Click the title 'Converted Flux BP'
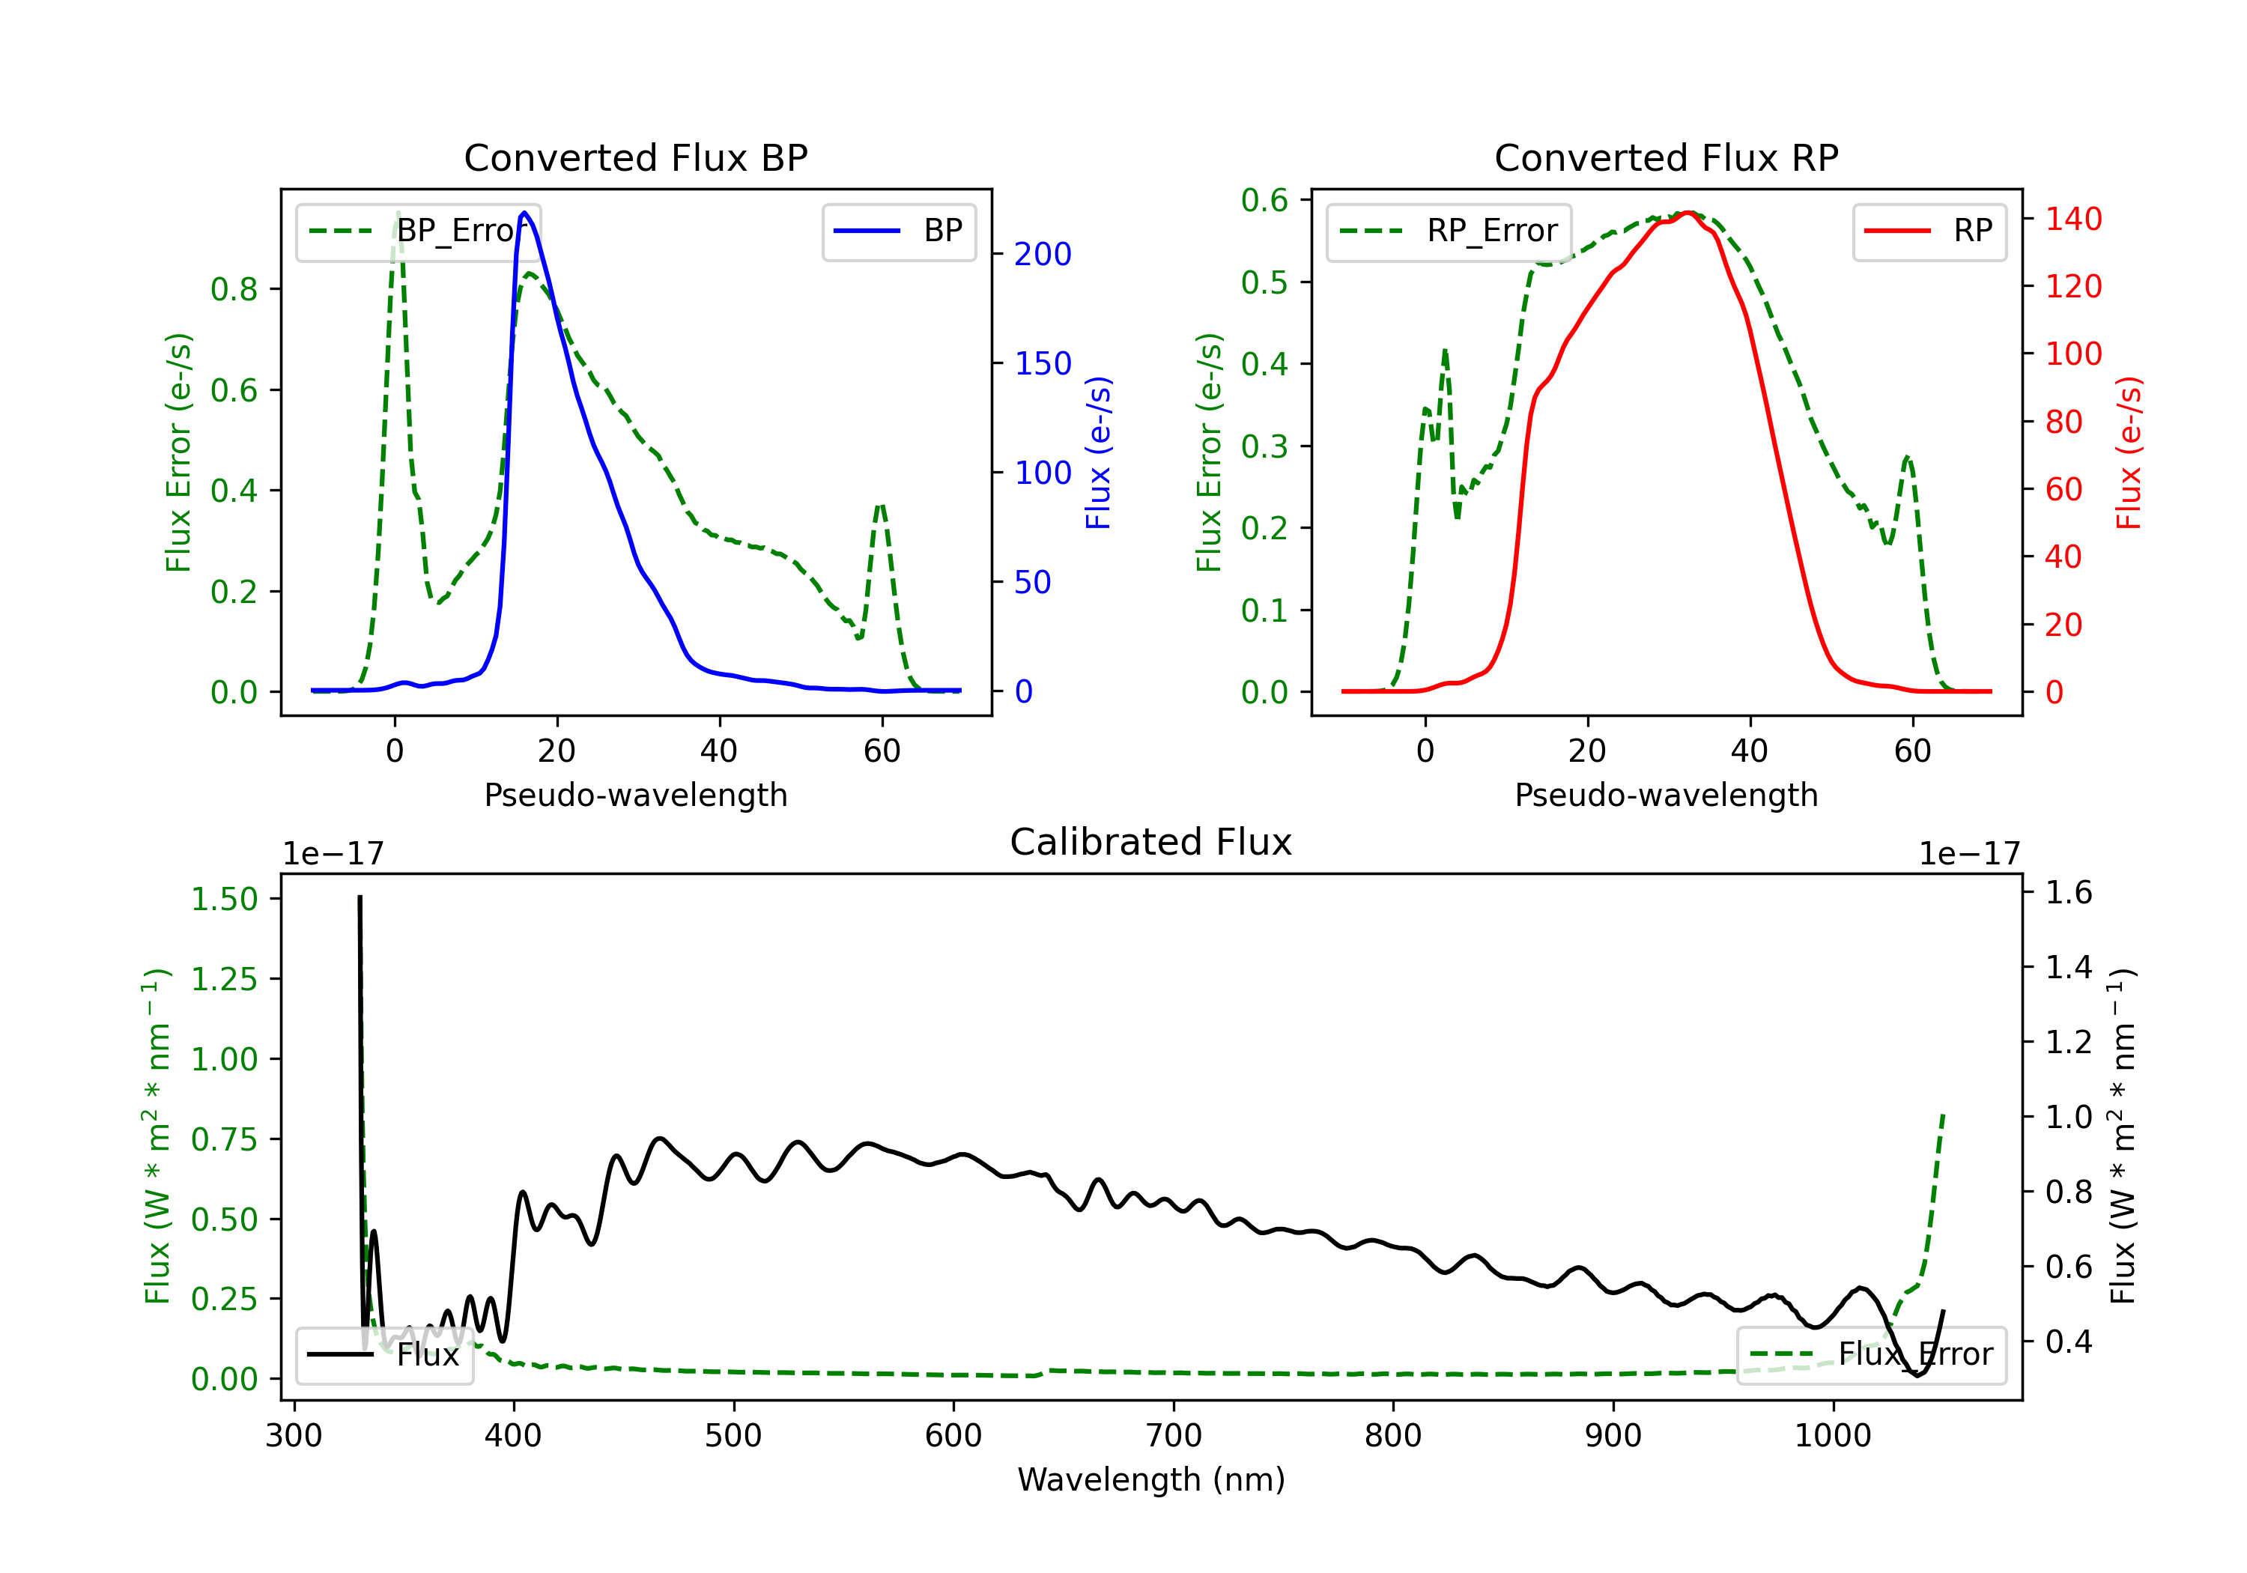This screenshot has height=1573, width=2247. [635, 157]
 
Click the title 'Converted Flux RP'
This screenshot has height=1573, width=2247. [1666, 157]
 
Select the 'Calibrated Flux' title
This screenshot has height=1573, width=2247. [1151, 842]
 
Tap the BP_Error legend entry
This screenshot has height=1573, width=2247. [419, 231]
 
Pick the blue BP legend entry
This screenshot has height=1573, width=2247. [898, 231]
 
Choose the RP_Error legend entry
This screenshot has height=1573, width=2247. [1449, 231]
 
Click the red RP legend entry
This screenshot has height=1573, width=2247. [1929, 231]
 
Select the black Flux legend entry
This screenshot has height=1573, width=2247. [383, 1355]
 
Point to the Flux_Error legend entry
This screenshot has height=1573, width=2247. [1871, 1355]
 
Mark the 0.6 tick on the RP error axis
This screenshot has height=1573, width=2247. [1264, 201]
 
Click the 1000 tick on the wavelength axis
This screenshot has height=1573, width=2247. [1832, 1436]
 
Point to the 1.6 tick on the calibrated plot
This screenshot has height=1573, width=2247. [2069, 893]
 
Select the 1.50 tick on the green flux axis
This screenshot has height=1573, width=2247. [224, 899]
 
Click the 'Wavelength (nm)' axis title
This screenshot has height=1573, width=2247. [1151, 1480]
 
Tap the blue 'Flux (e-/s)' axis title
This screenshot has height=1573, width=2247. [1098, 453]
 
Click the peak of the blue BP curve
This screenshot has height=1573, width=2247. [524, 213]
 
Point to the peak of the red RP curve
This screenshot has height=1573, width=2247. [1688, 213]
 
